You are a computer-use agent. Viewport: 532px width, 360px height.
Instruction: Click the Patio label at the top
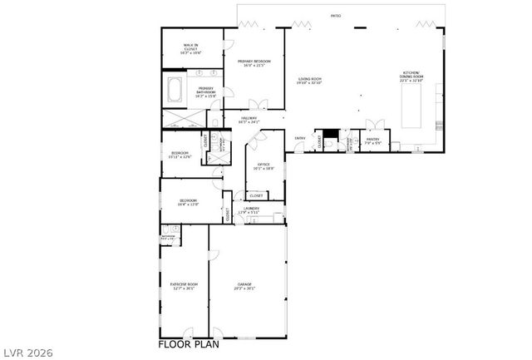coord(336,16)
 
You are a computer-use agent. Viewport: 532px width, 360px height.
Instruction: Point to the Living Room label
coord(310,81)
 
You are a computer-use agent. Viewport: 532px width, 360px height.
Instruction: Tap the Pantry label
coord(372,141)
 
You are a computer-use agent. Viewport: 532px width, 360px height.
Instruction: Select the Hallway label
coord(249,120)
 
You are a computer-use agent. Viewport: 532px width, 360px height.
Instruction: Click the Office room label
coord(264,166)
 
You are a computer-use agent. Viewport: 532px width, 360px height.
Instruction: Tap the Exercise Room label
coord(183,286)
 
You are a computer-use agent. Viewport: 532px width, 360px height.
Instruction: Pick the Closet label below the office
coord(257,195)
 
